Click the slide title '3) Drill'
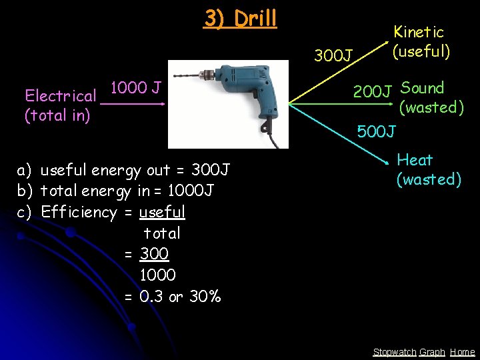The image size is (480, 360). point(240,19)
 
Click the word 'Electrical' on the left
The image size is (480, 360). point(60,97)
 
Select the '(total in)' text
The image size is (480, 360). point(57,115)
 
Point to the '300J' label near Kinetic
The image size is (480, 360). point(333,55)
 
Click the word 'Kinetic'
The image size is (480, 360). point(418,31)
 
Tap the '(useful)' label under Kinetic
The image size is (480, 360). point(421,51)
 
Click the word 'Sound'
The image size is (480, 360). point(422,88)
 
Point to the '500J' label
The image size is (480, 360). point(377,131)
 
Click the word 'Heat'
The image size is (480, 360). point(415,160)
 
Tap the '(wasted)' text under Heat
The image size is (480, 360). point(429,179)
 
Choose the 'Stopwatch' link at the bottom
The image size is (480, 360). point(395,352)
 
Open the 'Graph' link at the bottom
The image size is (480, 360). point(432,352)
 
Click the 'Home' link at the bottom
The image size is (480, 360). point(462,352)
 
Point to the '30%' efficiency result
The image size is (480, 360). point(205,297)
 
